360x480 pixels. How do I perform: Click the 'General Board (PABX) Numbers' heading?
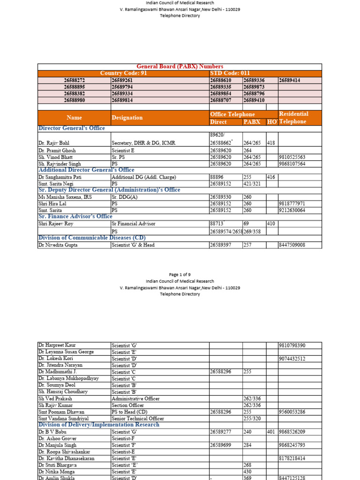click(x=180, y=67)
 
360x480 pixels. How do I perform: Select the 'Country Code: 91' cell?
click(x=123, y=73)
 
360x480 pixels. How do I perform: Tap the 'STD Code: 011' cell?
click(x=230, y=73)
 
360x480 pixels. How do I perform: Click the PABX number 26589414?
click(x=290, y=80)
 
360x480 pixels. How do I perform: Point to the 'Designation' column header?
click(x=127, y=118)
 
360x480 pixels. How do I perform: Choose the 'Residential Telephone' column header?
click(x=293, y=118)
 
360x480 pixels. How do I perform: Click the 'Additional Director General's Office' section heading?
click(x=86, y=170)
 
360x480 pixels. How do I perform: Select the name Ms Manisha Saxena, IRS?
click(x=65, y=197)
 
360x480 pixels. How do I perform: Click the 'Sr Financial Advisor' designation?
click(x=133, y=224)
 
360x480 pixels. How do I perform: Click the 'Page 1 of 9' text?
click(x=180, y=274)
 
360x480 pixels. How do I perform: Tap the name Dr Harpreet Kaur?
click(x=57, y=345)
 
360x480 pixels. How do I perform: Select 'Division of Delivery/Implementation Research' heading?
click(x=98, y=425)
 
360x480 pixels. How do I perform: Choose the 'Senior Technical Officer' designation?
click(x=138, y=418)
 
